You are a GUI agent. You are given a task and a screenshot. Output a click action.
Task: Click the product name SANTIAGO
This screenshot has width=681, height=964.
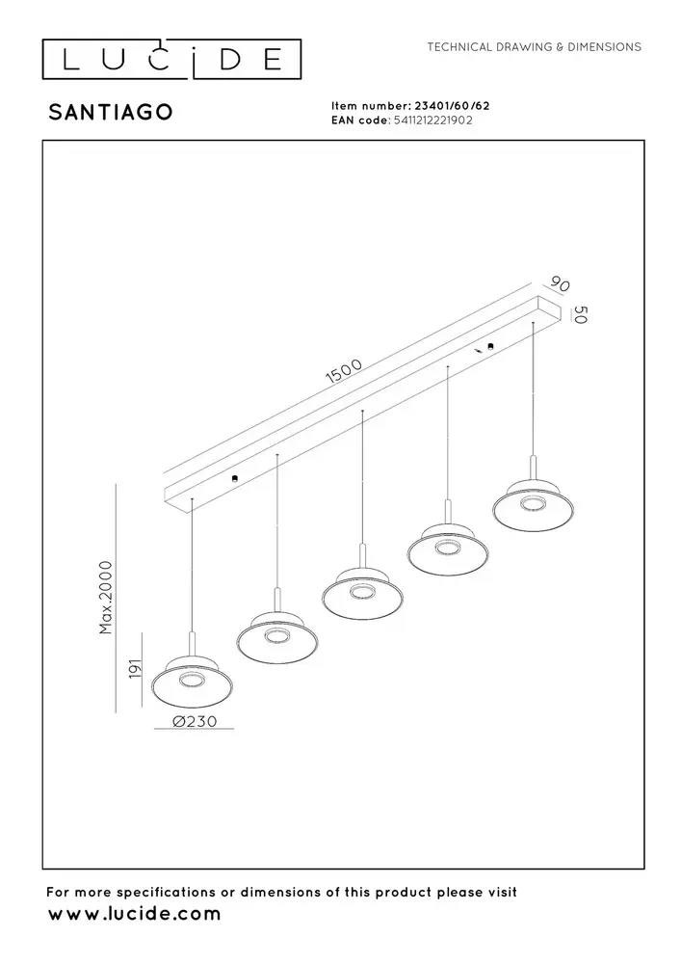point(111,112)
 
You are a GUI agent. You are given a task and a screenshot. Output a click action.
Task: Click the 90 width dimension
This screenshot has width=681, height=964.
point(558,284)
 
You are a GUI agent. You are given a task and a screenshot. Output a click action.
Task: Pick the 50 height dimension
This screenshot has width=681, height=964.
point(579,315)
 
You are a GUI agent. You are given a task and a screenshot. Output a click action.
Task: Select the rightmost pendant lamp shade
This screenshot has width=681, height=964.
point(533,507)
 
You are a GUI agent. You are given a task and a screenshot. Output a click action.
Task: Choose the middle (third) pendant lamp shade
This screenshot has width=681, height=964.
point(361,595)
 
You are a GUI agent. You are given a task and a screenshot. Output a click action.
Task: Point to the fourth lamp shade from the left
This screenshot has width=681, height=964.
point(446,551)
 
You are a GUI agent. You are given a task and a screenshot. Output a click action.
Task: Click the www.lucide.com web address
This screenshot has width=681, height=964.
point(134,913)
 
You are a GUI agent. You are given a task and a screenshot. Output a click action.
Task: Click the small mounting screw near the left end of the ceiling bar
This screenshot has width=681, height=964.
point(235,478)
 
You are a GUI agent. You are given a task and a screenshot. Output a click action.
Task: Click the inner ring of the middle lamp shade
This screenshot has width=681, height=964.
point(361,591)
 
